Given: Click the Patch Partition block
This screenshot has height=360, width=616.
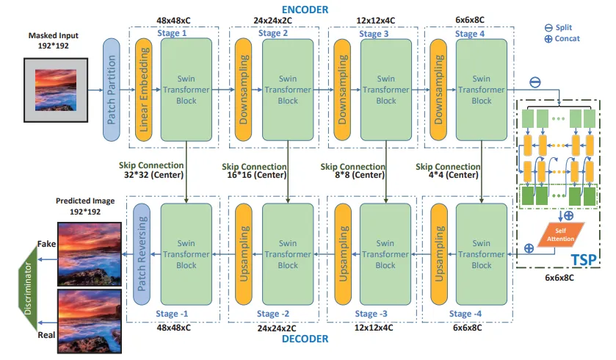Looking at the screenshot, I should click(112, 90).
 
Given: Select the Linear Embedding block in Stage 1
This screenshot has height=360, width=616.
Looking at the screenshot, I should click(145, 90).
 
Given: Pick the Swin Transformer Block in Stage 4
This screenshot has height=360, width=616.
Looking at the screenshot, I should click(481, 90).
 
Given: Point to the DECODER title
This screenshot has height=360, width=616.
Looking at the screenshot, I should click(305, 339).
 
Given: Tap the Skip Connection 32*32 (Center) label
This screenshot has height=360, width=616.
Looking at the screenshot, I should click(151, 171).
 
